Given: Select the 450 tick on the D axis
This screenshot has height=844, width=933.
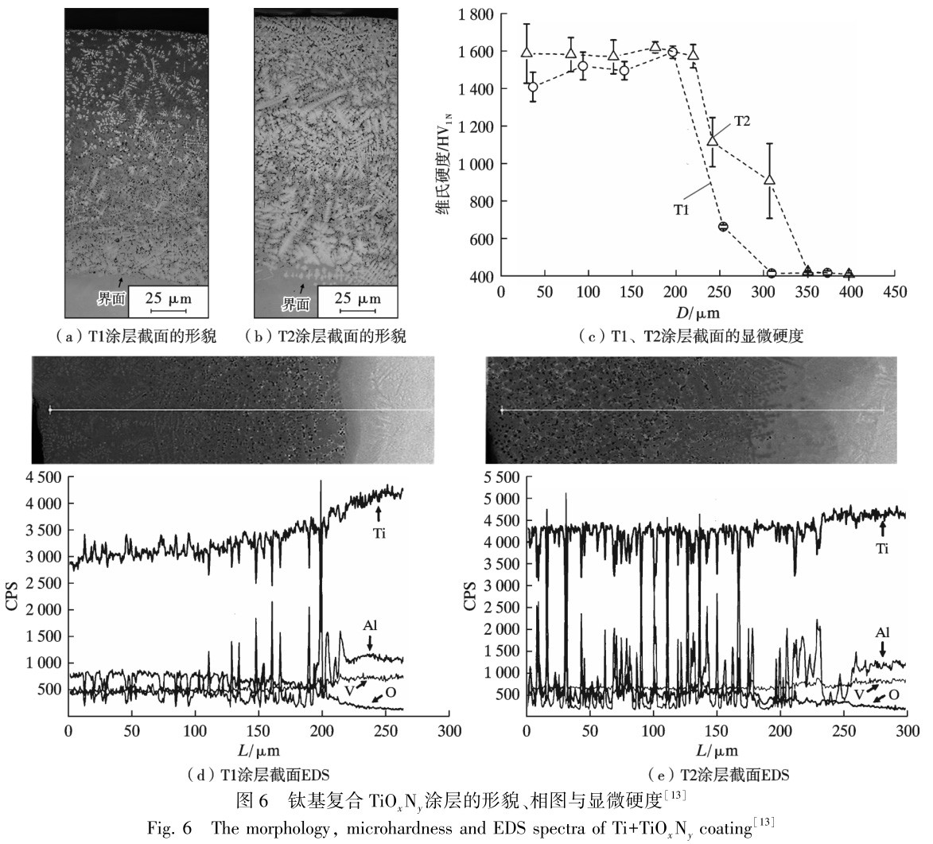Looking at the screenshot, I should [894, 293].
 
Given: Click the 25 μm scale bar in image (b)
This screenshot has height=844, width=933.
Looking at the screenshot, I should [357, 301].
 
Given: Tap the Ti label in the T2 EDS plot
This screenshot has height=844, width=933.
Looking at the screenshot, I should [884, 549].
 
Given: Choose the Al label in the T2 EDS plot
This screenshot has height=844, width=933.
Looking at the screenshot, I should [884, 632].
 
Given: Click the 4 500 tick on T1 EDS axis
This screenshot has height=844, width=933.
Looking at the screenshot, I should [44, 477].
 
